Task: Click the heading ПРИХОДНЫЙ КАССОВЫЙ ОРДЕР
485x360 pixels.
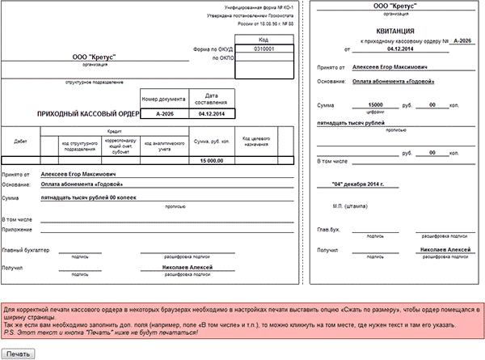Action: [x=84, y=115]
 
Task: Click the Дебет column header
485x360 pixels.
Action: [x=21, y=140]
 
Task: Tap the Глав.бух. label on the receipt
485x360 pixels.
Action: [x=327, y=231]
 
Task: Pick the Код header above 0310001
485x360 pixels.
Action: [x=264, y=39]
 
